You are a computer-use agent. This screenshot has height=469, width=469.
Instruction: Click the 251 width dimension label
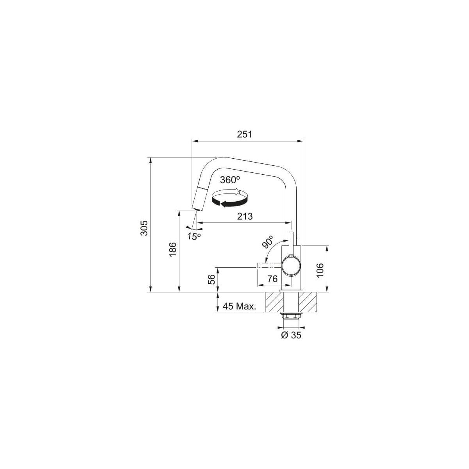[x=244, y=134]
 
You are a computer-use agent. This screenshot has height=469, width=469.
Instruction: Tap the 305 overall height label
[x=145, y=228]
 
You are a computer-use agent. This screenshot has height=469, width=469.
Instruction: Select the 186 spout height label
[x=173, y=249]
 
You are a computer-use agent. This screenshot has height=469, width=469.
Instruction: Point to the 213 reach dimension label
[x=245, y=216]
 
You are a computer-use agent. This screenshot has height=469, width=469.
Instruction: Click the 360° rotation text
[x=230, y=180]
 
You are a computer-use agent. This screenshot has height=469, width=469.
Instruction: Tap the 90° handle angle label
[x=268, y=242]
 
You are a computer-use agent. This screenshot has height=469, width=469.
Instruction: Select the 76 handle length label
[x=272, y=279]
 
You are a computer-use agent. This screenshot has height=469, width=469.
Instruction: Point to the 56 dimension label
[x=212, y=279]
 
